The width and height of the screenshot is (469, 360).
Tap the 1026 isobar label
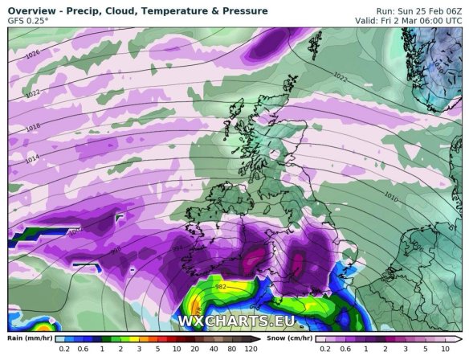(32, 54)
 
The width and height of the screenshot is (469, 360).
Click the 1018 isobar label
(32, 128)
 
